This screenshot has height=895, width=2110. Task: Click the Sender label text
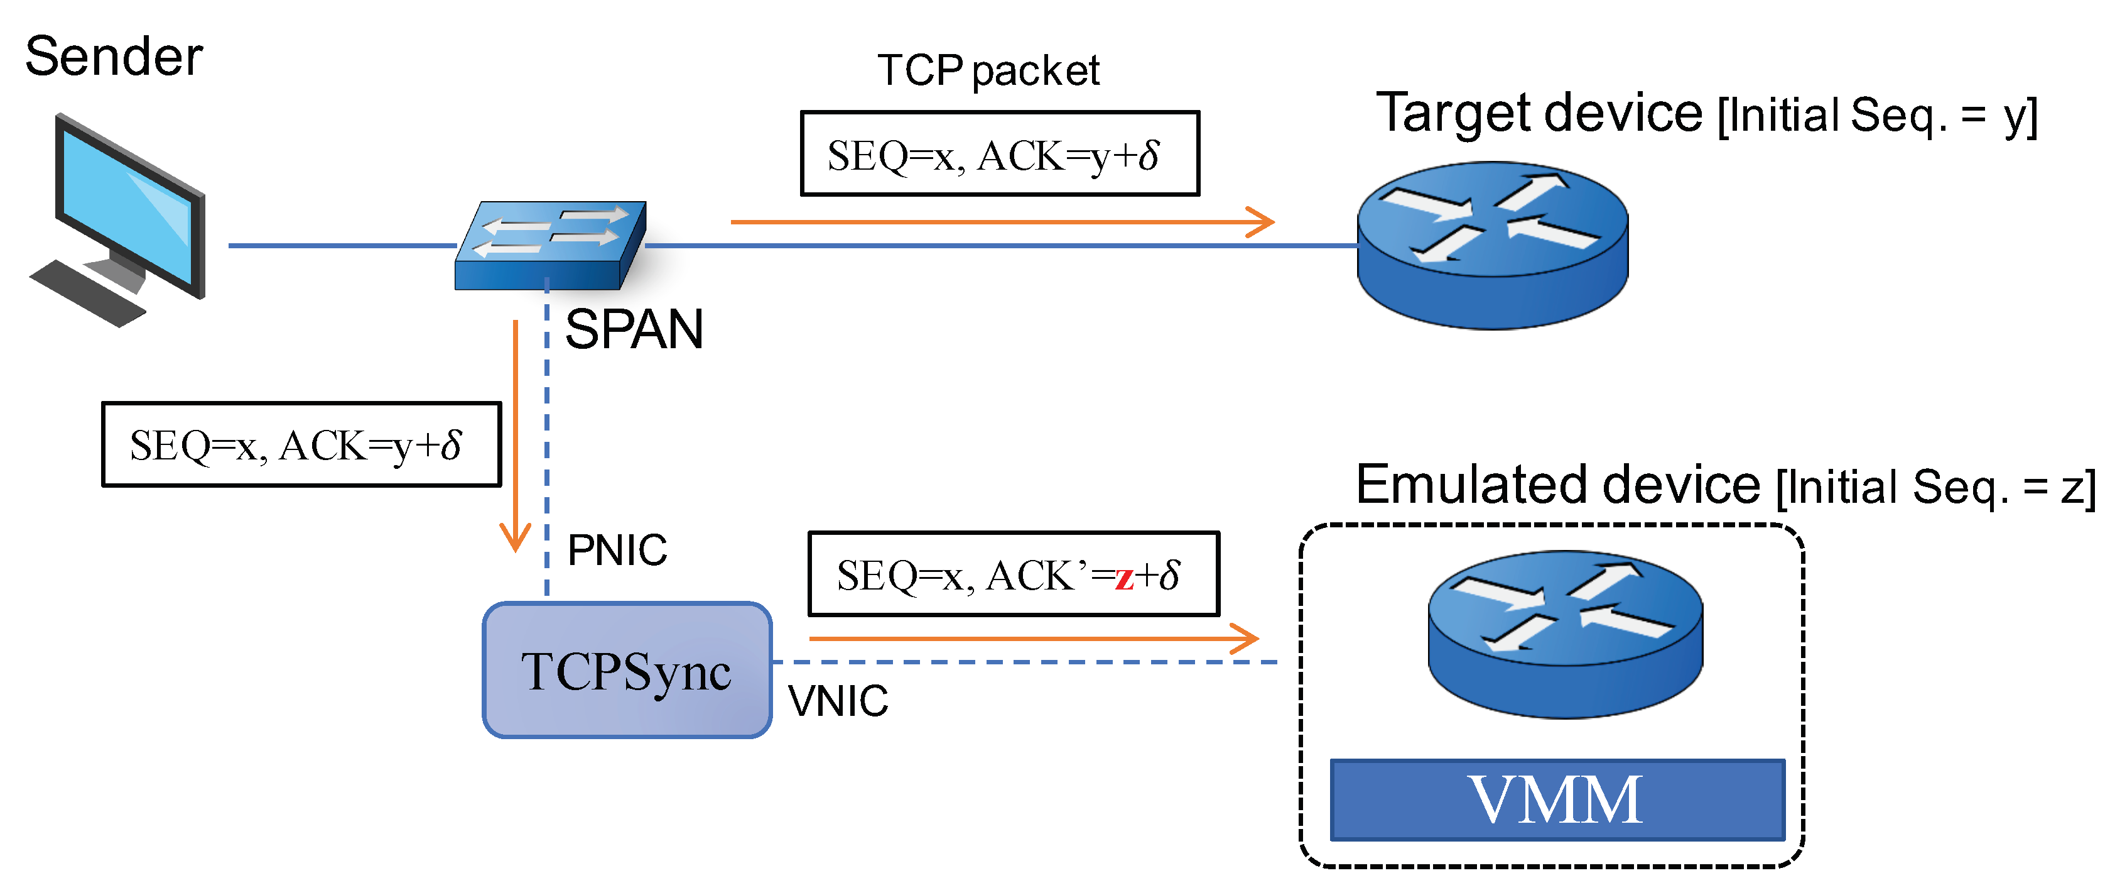click(x=114, y=57)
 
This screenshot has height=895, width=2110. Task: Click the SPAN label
click(x=634, y=329)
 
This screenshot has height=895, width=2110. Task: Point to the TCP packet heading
click(x=988, y=70)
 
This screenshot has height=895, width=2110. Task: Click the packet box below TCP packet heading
click(x=999, y=154)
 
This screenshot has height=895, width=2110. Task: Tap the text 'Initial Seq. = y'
click(x=1876, y=116)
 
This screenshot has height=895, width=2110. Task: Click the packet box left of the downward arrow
click(x=301, y=444)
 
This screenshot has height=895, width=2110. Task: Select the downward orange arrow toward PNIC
click(x=515, y=434)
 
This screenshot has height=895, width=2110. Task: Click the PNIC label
click(x=617, y=549)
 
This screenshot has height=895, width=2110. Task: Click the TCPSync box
click(x=627, y=671)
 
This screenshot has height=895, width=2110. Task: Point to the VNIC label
click(x=837, y=701)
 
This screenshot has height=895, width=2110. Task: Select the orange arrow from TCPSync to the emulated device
click(x=1032, y=638)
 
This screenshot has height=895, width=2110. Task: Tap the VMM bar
click(x=1556, y=799)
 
